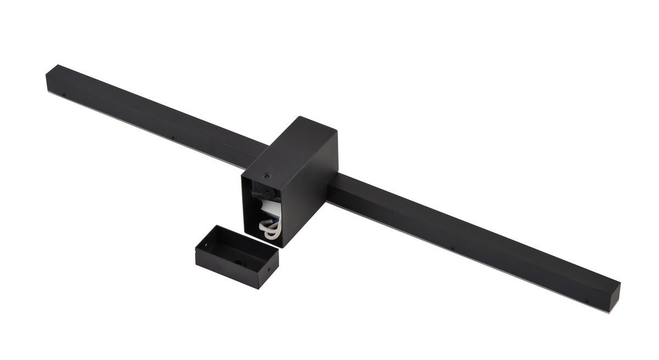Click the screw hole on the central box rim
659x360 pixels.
pyautogui.click(x=266, y=177)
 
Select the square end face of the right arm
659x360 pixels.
pyautogui.click(x=613, y=300)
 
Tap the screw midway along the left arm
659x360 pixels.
pyautogui.click(x=172, y=137)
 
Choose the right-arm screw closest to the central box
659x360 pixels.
pyautogui.click(x=452, y=249)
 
